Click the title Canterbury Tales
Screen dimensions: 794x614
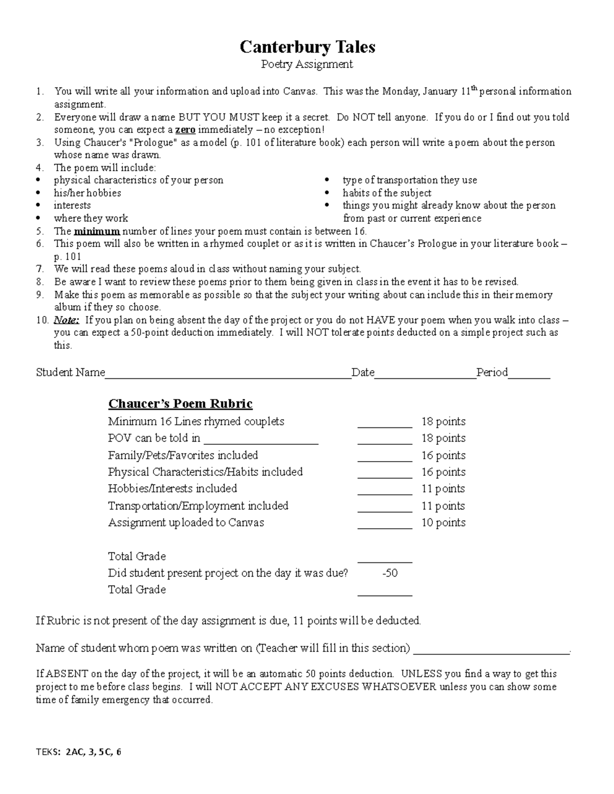click(308, 47)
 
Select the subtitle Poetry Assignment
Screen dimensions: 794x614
click(307, 64)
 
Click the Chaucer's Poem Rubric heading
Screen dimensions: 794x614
click(180, 404)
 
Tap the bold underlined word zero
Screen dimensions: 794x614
click(185, 130)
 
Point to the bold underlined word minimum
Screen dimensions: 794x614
click(97, 231)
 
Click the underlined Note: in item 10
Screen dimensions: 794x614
click(67, 321)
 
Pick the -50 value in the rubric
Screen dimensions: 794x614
click(390, 573)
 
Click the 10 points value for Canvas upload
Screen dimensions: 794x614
click(443, 523)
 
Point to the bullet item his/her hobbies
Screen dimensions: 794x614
click(87, 193)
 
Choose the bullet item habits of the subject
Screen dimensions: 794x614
click(387, 193)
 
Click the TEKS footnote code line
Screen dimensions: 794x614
click(79, 753)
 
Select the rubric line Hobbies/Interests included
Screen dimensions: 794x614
click(172, 489)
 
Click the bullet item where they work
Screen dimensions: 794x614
click(91, 219)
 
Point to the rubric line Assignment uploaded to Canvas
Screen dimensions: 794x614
click(186, 523)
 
